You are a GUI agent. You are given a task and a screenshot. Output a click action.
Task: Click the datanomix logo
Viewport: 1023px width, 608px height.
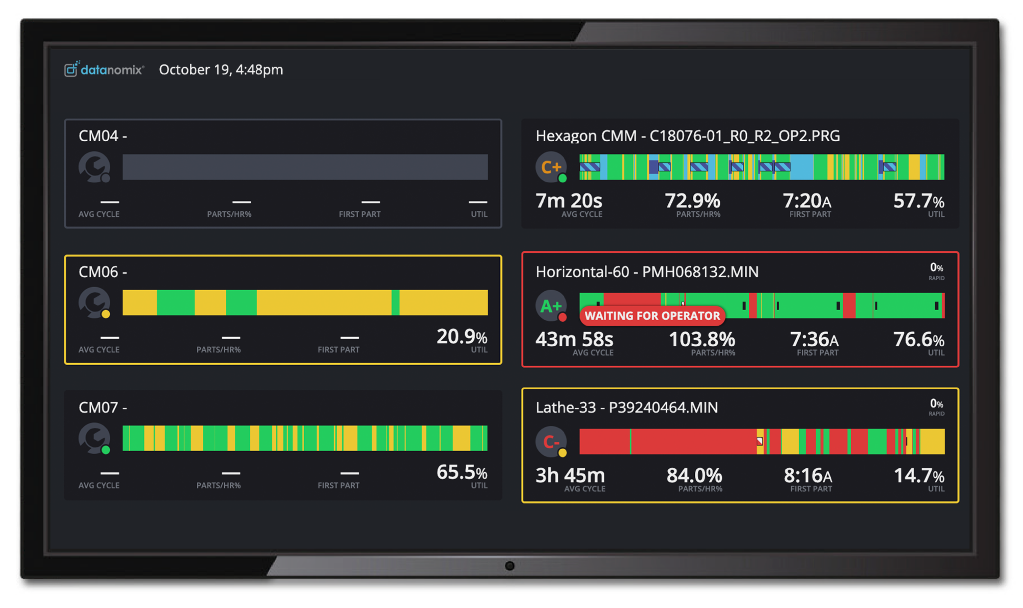coord(104,69)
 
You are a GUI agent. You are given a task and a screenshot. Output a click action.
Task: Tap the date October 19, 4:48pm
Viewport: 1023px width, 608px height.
coord(221,69)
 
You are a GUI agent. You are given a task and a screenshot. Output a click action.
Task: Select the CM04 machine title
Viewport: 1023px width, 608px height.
coord(102,136)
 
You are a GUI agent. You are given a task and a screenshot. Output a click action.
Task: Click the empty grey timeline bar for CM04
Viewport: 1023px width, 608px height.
coord(305,167)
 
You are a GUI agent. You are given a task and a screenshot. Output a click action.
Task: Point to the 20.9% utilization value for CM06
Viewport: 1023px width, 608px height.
coord(462,337)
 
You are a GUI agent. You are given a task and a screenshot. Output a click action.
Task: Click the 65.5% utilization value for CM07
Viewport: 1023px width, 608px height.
coord(462,472)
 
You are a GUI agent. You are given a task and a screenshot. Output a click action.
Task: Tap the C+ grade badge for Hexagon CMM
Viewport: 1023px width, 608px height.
coord(550,167)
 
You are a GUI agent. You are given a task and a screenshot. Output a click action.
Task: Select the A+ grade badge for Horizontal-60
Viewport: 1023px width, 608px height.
coord(550,306)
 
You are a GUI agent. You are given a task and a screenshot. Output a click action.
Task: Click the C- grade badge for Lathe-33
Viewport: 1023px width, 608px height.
coord(550,442)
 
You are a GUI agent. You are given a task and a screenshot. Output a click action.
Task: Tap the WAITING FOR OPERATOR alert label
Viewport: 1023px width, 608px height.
coord(652,316)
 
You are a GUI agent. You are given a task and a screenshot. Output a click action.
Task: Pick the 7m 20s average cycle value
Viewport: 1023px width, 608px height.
coord(568,201)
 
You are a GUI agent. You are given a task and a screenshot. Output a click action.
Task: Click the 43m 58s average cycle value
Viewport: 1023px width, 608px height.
coord(574,340)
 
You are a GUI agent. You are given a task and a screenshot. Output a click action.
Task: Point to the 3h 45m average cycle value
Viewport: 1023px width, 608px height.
coord(570,476)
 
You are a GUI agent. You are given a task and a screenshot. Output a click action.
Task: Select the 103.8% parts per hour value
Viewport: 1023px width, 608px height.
coord(702,340)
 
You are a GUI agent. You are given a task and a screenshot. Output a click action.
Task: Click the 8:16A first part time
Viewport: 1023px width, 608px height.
coord(808,476)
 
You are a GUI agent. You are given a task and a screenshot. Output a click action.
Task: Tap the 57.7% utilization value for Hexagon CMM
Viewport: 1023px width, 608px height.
coord(919,201)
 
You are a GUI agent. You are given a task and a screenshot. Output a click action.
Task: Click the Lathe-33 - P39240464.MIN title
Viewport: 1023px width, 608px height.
coord(626,408)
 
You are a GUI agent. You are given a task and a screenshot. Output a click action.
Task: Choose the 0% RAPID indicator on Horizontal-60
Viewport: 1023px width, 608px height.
coord(936,271)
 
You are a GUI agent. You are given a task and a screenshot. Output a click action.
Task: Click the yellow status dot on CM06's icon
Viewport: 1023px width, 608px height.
coord(105,314)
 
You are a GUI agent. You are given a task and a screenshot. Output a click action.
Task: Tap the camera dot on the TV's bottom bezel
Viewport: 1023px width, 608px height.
coord(510,566)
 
